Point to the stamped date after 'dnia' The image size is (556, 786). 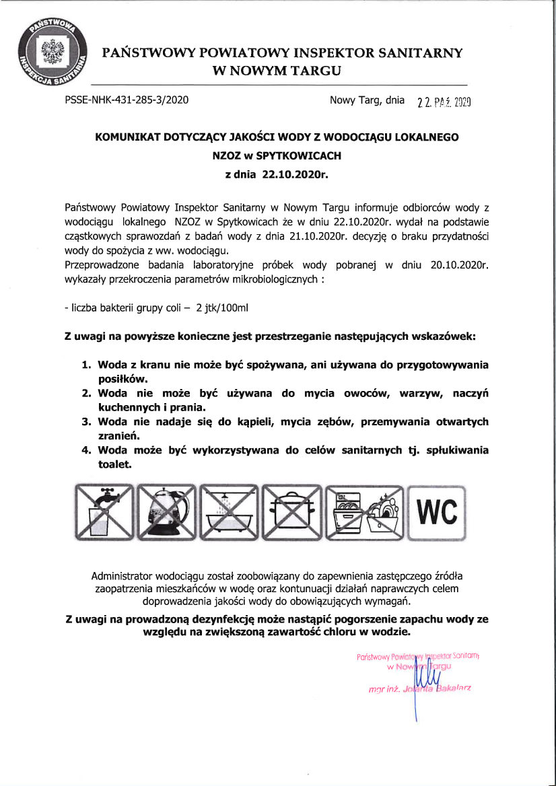pyautogui.click(x=443, y=102)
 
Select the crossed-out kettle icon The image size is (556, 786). pyautogui.click(x=167, y=512)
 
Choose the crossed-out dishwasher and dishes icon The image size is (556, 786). pyautogui.click(x=366, y=512)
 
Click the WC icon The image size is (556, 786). pyautogui.click(x=437, y=512)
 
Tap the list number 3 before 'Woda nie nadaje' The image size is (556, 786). pyautogui.click(x=86, y=422)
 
